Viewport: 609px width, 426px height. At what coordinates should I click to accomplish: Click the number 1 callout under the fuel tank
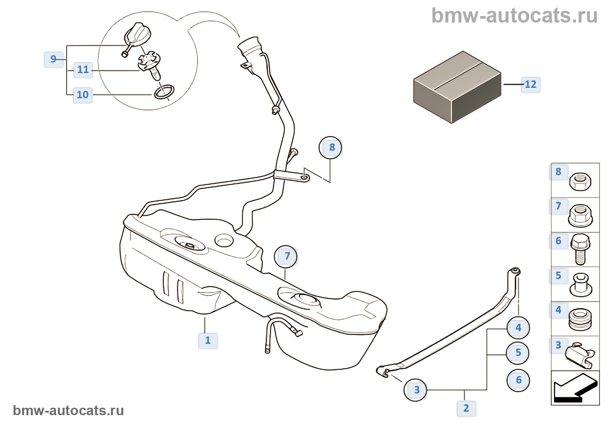(x=208, y=340)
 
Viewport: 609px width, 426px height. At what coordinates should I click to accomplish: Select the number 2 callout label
(x=466, y=408)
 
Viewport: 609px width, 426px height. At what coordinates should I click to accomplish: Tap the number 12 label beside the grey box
(x=530, y=84)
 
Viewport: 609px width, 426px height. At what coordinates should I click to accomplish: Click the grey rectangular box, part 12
(x=457, y=87)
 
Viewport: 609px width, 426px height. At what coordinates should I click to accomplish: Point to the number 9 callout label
(x=54, y=59)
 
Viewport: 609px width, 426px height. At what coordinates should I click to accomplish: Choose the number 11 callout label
(x=83, y=70)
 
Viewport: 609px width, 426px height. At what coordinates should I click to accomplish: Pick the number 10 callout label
(x=82, y=95)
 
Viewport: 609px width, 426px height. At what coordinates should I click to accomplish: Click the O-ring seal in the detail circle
(x=164, y=92)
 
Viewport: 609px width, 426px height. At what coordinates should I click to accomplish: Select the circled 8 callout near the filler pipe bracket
(x=331, y=148)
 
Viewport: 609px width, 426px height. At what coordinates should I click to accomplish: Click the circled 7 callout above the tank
(x=286, y=256)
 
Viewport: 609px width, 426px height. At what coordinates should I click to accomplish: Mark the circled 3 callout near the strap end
(x=416, y=390)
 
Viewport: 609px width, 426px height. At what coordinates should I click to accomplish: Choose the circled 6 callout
(x=518, y=380)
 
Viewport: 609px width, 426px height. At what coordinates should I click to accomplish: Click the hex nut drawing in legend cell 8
(x=580, y=182)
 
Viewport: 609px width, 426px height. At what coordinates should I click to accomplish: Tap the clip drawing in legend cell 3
(x=580, y=355)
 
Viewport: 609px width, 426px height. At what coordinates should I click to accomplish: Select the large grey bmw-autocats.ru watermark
(x=514, y=16)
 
